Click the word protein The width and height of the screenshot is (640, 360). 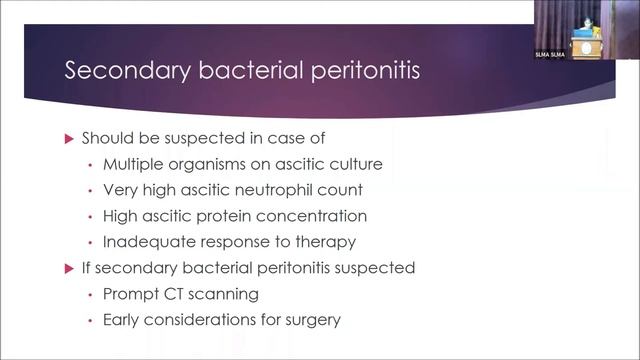[x=233, y=216]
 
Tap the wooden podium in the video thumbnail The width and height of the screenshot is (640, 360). [x=584, y=46]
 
